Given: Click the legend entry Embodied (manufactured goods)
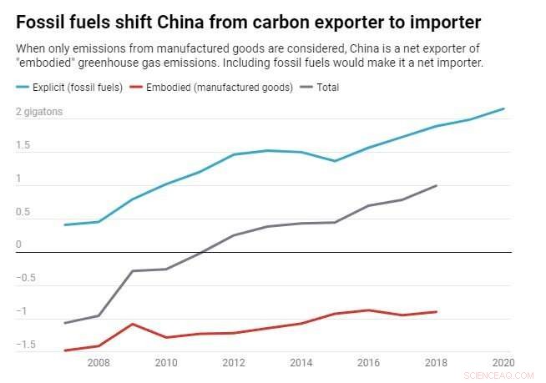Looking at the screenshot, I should click(x=220, y=88).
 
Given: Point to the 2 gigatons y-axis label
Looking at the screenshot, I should click(x=39, y=112).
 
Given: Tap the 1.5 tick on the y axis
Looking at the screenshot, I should click(x=23, y=146).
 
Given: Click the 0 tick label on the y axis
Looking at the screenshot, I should click(x=18, y=245).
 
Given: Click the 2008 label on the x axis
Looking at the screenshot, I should click(x=98, y=363).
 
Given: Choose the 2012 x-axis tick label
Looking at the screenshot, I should click(x=233, y=363).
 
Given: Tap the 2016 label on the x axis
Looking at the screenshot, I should click(x=367, y=363).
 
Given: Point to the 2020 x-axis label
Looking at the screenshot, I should click(x=503, y=363).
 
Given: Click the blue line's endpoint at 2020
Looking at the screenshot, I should click(x=504, y=108).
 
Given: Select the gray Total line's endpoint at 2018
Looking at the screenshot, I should click(x=437, y=185).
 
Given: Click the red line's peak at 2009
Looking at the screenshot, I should click(x=132, y=324).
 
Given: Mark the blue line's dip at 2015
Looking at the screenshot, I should click(x=335, y=161).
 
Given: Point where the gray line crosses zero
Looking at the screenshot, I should click(x=200, y=252).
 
